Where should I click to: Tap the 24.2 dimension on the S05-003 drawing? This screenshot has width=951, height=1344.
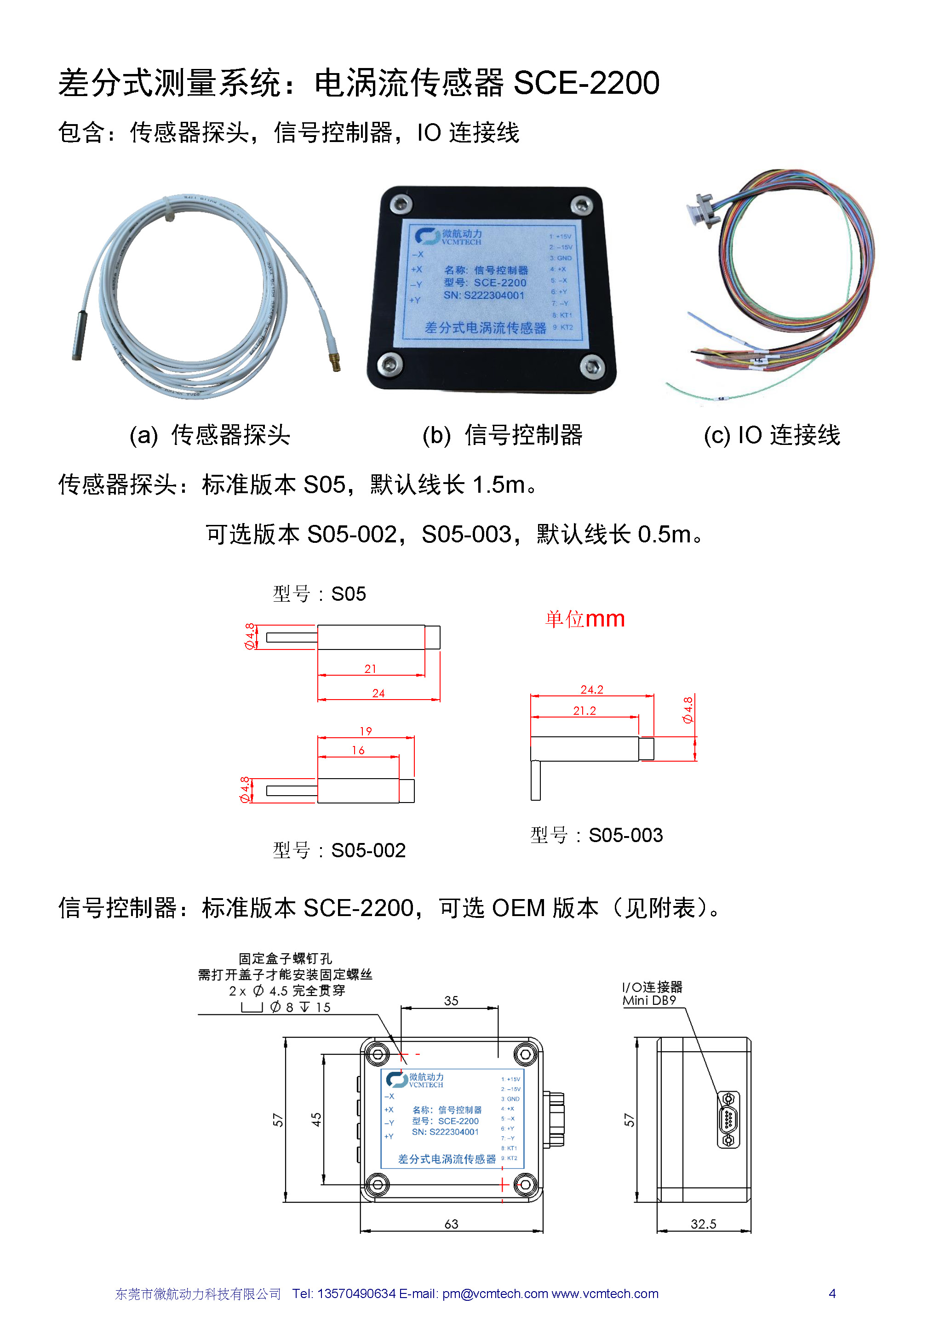[x=591, y=689]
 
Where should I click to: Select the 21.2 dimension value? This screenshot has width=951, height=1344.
[x=584, y=711]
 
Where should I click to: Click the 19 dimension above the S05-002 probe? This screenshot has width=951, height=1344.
[x=366, y=731]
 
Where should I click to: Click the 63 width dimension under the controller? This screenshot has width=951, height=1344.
[x=451, y=1224]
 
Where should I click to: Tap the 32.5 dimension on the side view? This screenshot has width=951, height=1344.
[x=703, y=1224]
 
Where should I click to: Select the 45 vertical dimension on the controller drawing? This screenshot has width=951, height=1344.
[x=316, y=1120]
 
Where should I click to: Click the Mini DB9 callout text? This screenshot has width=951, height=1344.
[x=649, y=1000]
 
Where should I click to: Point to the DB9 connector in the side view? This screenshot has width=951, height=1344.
[x=728, y=1119]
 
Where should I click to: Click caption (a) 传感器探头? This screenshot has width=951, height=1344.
[x=210, y=435]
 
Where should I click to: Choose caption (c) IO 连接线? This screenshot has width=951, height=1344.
[x=771, y=435]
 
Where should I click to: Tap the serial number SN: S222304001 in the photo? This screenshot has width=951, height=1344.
[x=484, y=296]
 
